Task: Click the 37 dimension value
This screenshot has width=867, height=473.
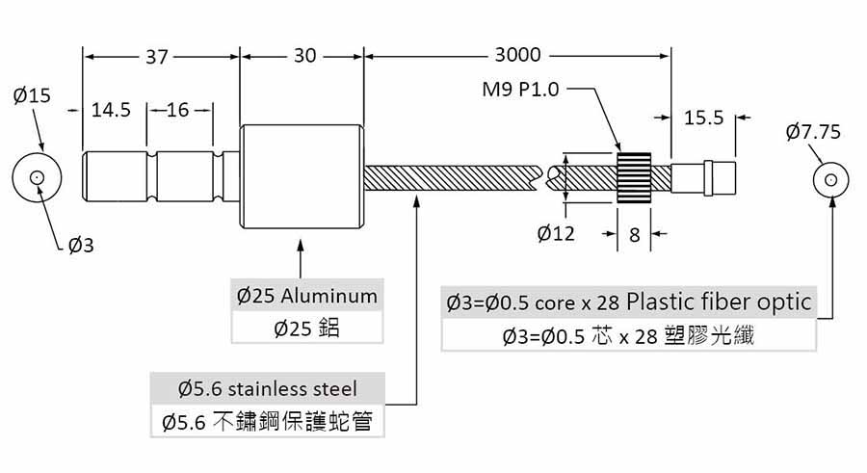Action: tap(156, 57)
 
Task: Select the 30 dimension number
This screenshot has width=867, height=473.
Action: tap(304, 56)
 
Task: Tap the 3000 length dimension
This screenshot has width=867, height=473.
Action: tap(517, 55)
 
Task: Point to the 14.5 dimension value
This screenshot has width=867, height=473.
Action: tap(111, 110)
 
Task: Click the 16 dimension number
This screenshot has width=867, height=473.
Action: tap(177, 110)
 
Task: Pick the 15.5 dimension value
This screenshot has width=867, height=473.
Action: tap(704, 118)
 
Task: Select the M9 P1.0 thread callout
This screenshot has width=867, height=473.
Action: tap(520, 89)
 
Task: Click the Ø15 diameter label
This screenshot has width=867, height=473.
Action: tap(32, 95)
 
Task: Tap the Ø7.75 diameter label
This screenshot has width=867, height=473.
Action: tap(813, 132)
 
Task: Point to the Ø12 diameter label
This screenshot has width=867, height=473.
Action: tap(556, 233)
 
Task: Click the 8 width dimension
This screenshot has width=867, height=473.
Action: tap(634, 235)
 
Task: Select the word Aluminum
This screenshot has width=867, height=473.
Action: tap(329, 296)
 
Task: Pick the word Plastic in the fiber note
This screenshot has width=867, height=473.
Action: tap(661, 302)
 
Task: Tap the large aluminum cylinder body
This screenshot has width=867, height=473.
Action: tap(302, 176)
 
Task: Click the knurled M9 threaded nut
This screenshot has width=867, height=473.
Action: tap(634, 177)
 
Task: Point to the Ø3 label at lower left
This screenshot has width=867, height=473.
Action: tap(81, 245)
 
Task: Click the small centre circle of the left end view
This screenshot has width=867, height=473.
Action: tap(37, 177)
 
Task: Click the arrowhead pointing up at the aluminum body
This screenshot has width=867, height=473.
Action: tap(301, 247)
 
